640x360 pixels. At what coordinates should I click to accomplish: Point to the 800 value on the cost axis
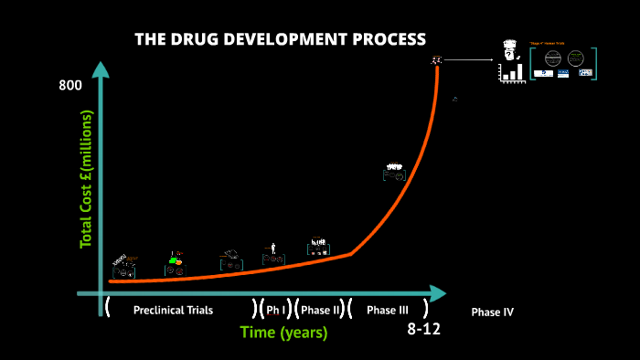(x=70, y=86)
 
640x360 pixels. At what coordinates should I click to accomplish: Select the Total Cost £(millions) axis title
(x=88, y=179)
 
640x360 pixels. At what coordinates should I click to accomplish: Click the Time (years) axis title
(x=283, y=333)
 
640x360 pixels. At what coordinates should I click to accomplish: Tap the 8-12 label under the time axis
(x=423, y=329)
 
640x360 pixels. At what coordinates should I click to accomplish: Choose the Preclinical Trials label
(x=173, y=311)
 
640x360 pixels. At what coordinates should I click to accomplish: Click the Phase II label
(x=320, y=311)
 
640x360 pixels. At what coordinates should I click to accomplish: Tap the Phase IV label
(x=492, y=312)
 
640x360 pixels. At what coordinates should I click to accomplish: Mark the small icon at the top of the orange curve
(x=437, y=60)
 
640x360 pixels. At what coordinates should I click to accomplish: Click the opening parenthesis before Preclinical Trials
(x=108, y=307)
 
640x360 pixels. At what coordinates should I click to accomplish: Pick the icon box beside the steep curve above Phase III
(x=394, y=172)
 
